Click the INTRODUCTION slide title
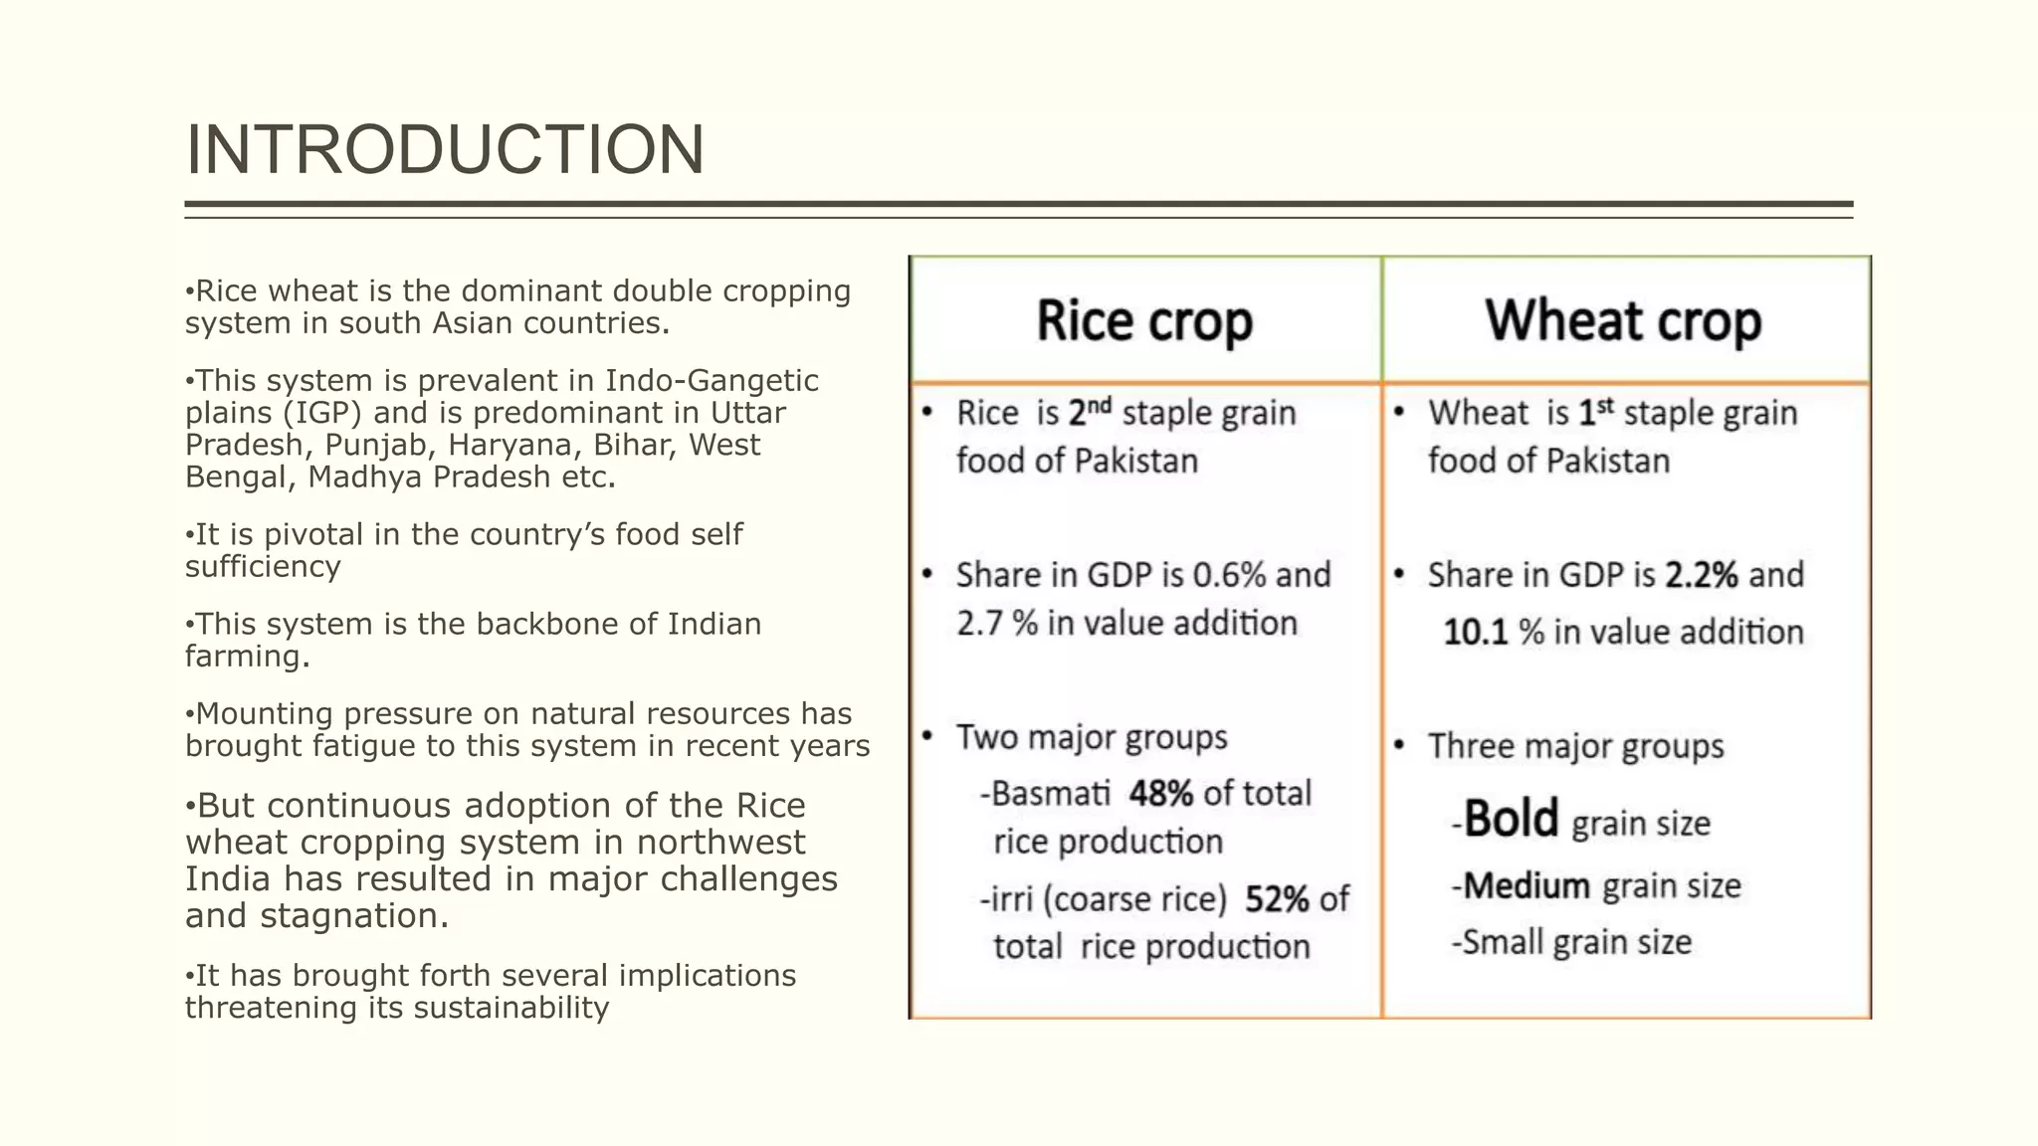(x=445, y=149)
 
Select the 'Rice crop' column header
(x=1144, y=321)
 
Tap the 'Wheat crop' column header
(x=1623, y=321)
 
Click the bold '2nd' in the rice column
(x=1089, y=411)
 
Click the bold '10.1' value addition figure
(x=1476, y=633)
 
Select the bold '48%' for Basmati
(x=1160, y=794)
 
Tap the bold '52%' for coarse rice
(x=1277, y=899)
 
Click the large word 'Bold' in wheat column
(x=1511, y=820)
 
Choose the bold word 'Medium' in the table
(x=1527, y=885)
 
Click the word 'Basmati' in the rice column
(x=1050, y=794)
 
